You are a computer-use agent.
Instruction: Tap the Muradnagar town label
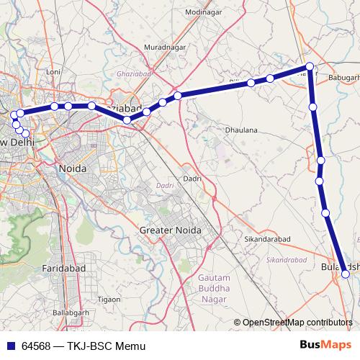[x=165, y=47]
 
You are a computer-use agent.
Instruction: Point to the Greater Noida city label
[x=170, y=230]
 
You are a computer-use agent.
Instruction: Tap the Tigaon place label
[x=109, y=299]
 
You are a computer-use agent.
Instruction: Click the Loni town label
[x=53, y=72]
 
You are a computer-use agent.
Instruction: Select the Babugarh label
[x=343, y=76]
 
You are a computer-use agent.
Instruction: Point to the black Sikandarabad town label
[x=267, y=238]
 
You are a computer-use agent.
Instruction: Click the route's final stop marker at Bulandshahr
[x=346, y=274]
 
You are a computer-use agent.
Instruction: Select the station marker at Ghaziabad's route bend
[x=127, y=119]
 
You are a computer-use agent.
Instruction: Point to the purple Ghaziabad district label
[x=131, y=73]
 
